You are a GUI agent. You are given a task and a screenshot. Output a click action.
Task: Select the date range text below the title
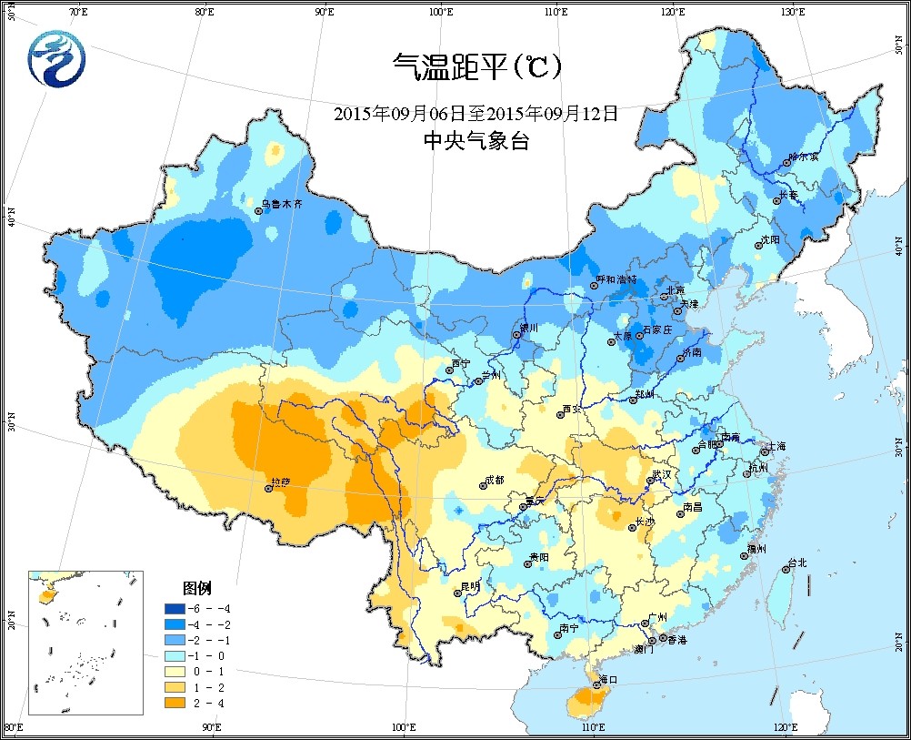point(476,114)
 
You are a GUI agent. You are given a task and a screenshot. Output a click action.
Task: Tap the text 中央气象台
point(476,141)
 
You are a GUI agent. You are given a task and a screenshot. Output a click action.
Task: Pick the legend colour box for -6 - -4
point(174,608)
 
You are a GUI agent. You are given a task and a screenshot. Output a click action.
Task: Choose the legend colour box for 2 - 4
point(174,703)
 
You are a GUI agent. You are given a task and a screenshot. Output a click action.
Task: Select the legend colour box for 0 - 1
point(174,671)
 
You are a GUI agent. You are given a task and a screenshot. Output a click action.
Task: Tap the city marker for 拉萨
point(268,489)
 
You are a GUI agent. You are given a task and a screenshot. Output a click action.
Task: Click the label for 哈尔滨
point(804,157)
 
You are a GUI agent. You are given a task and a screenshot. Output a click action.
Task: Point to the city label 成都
point(495,480)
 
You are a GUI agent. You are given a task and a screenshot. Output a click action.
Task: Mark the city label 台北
point(797,563)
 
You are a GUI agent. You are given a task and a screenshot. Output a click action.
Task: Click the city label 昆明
point(470,586)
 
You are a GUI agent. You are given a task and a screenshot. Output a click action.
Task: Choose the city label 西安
point(572,409)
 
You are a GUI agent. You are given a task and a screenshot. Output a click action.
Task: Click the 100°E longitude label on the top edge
point(440,12)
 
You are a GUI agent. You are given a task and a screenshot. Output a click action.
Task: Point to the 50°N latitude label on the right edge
point(899,45)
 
